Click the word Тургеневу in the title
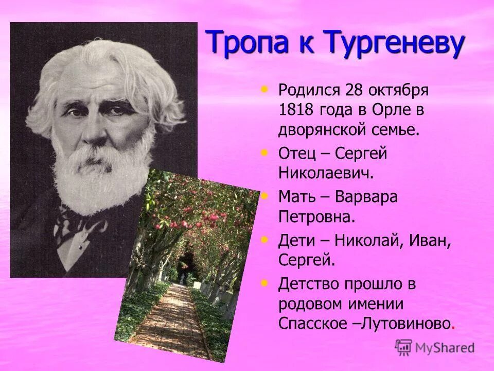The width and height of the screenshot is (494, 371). [392, 42]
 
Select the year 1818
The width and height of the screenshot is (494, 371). [294, 110]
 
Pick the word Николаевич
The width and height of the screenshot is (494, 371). [325, 173]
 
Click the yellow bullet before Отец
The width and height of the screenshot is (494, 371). [265, 153]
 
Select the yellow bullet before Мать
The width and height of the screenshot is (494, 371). [265, 196]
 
